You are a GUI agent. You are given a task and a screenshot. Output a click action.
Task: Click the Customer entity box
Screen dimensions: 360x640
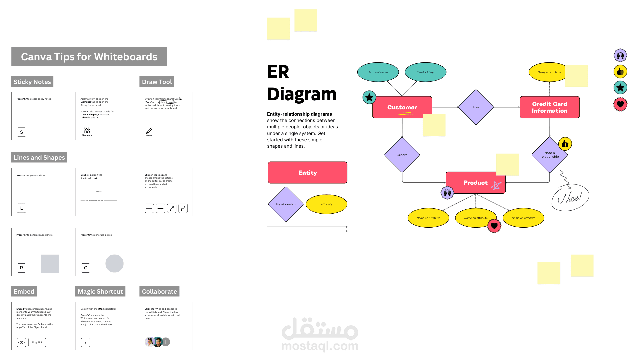click(402, 107)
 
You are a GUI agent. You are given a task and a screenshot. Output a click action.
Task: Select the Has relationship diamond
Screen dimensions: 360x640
click(476, 107)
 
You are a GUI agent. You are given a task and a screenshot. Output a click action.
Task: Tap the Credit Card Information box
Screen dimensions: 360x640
click(549, 107)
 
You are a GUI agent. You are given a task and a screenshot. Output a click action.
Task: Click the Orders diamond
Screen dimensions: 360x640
click(402, 155)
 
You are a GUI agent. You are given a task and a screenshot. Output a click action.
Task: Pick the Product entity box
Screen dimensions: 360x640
click(475, 183)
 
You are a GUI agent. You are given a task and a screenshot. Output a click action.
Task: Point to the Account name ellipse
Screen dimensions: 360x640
click(378, 72)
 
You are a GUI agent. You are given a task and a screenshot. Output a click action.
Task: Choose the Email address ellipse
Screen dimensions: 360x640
click(425, 72)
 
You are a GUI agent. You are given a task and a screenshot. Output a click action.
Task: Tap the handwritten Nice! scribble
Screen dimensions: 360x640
click(571, 197)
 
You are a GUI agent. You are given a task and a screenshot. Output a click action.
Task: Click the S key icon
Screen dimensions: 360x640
click(22, 132)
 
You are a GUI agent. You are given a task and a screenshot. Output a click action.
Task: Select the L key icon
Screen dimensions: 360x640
click(22, 208)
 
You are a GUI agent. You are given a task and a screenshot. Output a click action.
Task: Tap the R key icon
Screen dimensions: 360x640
click(22, 268)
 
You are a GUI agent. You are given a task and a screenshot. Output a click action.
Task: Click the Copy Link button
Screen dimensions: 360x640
click(37, 342)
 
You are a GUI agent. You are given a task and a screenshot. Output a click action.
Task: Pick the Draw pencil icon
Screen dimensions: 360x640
click(149, 131)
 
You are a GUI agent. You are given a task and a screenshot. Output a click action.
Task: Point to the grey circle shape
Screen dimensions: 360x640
click(114, 264)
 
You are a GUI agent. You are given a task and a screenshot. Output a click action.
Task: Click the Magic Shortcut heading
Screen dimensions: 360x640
click(100, 291)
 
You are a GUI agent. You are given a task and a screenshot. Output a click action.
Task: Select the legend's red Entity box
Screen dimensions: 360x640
click(307, 173)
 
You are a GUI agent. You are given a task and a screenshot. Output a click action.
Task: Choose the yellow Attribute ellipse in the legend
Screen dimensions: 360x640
click(326, 204)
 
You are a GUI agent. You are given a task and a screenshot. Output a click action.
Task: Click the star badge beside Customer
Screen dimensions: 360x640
click(369, 97)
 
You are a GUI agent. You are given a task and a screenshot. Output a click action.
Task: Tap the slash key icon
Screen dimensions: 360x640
click(86, 342)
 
